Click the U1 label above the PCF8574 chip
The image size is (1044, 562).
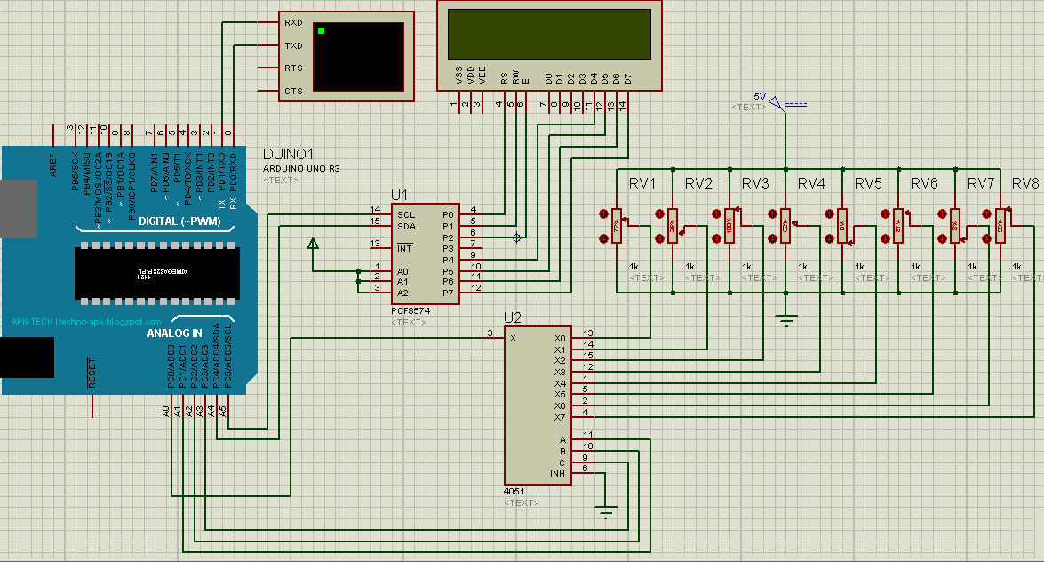[399, 195]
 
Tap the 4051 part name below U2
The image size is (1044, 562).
[514, 491]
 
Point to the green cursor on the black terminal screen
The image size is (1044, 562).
[322, 32]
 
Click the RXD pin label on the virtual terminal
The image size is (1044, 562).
[293, 22]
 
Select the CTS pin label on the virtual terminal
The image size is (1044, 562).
[293, 91]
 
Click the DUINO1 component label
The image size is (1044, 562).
[289, 154]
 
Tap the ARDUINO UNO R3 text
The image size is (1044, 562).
[301, 168]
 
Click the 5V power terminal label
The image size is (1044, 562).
[759, 96]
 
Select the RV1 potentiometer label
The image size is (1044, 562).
[642, 184]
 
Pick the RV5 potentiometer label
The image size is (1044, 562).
[868, 184]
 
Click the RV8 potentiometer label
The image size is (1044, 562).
[1024, 184]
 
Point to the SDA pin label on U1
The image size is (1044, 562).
[406, 226]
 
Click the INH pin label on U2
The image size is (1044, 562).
[558, 473]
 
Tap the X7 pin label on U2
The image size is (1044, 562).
[559, 417]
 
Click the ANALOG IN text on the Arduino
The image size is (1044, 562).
[174, 333]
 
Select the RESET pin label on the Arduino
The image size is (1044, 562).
[92, 373]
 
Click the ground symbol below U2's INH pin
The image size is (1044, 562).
[607, 511]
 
